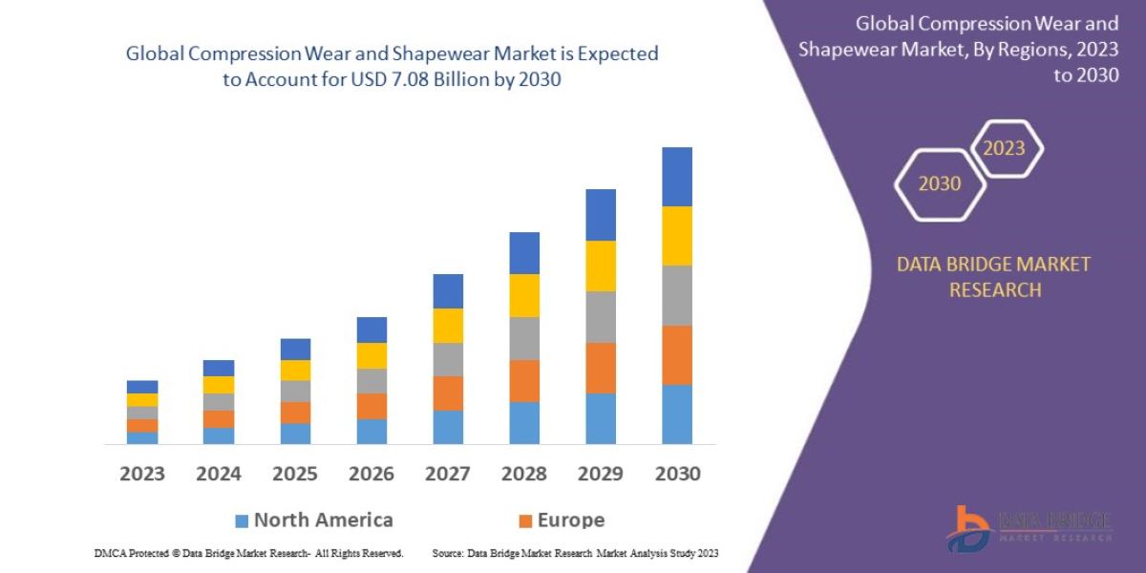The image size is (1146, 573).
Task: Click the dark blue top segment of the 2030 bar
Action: click(677, 177)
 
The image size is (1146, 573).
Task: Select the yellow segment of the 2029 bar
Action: click(601, 265)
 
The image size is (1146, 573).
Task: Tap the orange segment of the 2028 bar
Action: click(524, 380)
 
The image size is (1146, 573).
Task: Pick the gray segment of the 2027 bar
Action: click(448, 359)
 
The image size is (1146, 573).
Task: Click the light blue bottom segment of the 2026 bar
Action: click(371, 432)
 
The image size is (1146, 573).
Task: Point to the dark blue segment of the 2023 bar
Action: click(142, 387)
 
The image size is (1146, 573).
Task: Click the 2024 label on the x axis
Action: click(219, 474)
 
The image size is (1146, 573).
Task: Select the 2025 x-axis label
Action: click(295, 474)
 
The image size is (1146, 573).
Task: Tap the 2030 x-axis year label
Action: click(677, 474)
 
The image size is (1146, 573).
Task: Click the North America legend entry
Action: click(323, 520)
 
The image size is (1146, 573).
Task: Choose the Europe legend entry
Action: click(570, 520)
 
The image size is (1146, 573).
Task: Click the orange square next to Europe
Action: click(524, 521)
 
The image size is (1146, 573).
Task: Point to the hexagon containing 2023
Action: click(1005, 148)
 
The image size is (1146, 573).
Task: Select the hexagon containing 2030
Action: click(940, 183)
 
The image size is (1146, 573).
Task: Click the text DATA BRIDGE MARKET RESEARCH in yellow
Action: click(993, 277)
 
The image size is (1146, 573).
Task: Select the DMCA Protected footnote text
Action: click(248, 553)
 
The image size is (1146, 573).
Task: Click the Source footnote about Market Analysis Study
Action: click(575, 553)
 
